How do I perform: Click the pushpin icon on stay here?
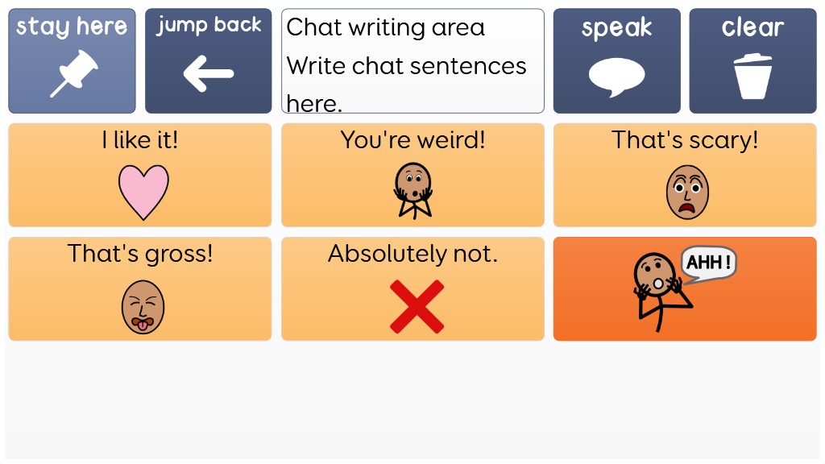[74, 73]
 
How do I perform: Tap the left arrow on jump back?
[209, 73]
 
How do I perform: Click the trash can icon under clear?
[753, 76]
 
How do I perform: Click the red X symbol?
[417, 307]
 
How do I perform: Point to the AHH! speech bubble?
[708, 264]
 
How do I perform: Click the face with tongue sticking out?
[143, 307]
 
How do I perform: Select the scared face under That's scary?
[687, 192]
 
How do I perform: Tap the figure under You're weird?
[413, 190]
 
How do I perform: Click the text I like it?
[140, 140]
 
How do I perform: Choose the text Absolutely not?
[413, 254]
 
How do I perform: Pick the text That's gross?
[140, 254]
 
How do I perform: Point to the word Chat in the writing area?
[314, 27]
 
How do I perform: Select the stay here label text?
[72, 27]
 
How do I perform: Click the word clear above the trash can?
[753, 27]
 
